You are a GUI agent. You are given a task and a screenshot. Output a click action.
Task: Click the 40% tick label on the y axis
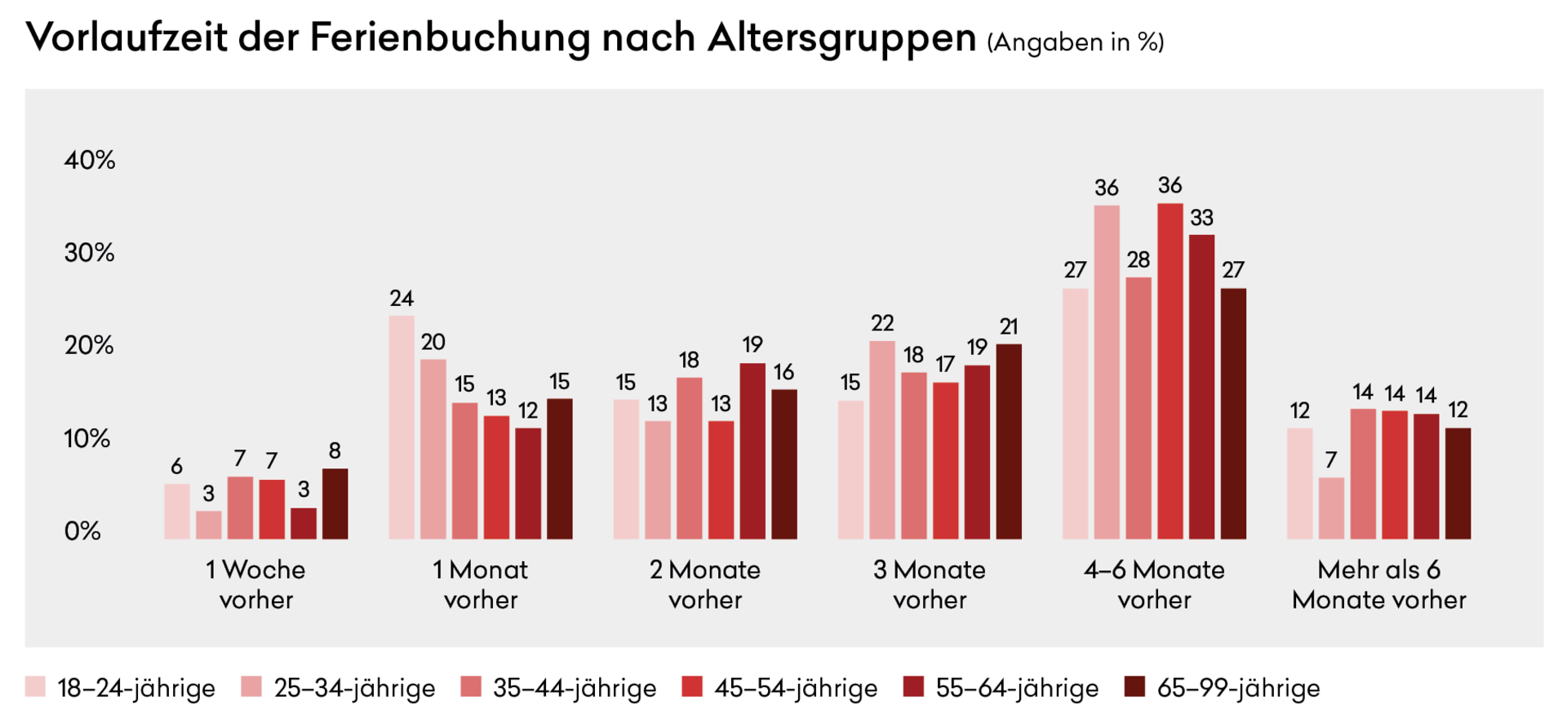pyautogui.click(x=90, y=160)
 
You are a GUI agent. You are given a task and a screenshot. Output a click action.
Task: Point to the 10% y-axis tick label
pyautogui.click(x=87, y=439)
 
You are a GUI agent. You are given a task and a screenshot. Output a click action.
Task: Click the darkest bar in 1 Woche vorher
pyautogui.click(x=335, y=503)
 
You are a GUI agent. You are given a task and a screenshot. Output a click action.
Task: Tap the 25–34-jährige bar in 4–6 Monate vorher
pyautogui.click(x=1107, y=372)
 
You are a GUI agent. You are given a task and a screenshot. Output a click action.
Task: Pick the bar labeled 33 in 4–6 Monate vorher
pyautogui.click(x=1201, y=387)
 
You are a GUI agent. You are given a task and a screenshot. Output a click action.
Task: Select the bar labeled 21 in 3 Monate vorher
pyautogui.click(x=1009, y=441)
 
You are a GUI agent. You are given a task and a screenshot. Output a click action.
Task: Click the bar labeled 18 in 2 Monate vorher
pyautogui.click(x=689, y=458)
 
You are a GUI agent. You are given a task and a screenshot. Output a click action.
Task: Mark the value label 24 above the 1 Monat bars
pyautogui.click(x=402, y=299)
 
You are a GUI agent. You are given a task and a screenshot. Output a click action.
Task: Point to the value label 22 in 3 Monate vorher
pyautogui.click(x=882, y=323)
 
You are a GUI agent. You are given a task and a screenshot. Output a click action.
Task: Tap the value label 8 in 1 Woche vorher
pyautogui.click(x=335, y=450)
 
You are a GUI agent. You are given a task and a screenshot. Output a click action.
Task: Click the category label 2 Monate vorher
pyautogui.click(x=705, y=584)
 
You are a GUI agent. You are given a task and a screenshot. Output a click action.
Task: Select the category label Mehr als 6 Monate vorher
pyautogui.click(x=1378, y=584)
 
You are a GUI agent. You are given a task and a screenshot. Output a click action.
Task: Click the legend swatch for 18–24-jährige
pyautogui.click(x=35, y=687)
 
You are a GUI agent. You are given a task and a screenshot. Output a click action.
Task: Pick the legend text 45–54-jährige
pyautogui.click(x=796, y=688)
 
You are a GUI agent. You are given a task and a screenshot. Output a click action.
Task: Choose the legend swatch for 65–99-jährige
pyautogui.click(x=1134, y=687)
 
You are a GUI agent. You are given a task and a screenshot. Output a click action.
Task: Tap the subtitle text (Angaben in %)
pyautogui.click(x=1075, y=42)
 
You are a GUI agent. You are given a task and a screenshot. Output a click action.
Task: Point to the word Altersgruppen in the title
pyautogui.click(x=841, y=38)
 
